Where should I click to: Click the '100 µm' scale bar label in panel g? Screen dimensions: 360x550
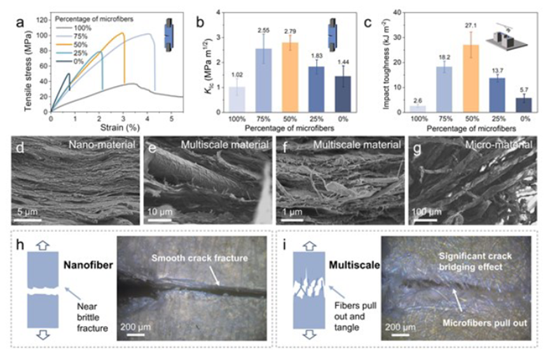426,211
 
